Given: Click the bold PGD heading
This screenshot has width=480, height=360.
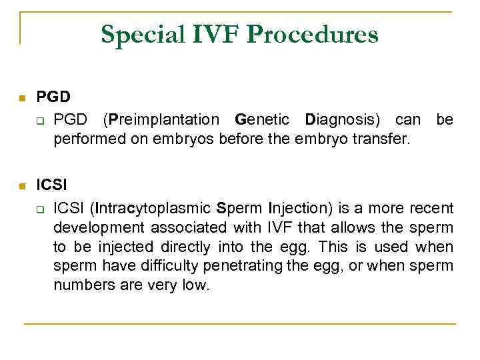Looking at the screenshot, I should click(53, 97).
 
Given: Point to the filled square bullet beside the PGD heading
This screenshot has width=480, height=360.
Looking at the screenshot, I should click(21, 99).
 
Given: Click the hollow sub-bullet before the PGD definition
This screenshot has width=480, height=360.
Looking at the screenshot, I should click(40, 121).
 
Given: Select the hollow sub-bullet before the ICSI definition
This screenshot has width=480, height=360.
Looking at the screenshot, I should click(40, 210).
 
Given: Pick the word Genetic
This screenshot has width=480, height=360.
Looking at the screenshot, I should click(262, 120).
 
